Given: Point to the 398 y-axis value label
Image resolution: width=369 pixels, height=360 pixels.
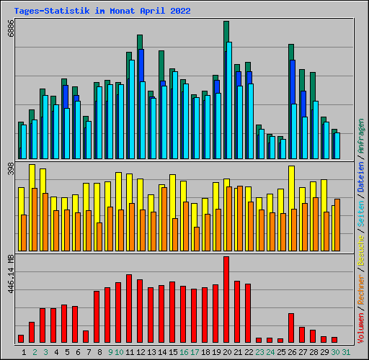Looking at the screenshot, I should pos(10,169).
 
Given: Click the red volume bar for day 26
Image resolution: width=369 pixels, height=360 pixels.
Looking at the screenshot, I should pos(291,328).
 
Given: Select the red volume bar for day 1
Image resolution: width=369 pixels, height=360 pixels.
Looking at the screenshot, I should pos(21,338).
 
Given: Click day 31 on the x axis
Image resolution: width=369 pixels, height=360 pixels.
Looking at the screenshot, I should pos(346,351).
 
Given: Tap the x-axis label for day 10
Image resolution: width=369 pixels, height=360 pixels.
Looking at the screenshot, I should pos(119,351).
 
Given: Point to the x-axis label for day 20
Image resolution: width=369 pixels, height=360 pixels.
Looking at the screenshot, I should pos(226,351).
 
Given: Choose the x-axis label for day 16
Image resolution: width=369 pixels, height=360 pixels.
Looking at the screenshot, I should pos(184,351).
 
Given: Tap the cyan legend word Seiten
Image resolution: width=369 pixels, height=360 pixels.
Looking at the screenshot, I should pos(361,210).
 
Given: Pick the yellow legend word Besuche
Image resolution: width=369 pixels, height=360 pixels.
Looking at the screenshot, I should pos(361,242).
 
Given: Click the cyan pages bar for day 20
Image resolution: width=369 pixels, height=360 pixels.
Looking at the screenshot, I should pos(229,101).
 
